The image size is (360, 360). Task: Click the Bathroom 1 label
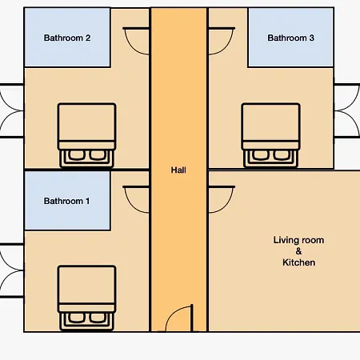66,201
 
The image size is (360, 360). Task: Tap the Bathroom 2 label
67,38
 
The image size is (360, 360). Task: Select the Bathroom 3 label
290,38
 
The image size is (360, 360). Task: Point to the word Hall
178,170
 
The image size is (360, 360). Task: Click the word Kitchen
298,262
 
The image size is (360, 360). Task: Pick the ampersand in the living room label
298,251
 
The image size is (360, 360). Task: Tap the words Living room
298,240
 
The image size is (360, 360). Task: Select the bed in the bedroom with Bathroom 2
86,135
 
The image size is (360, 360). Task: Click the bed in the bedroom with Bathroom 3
270,135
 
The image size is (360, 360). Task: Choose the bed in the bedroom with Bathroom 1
86,298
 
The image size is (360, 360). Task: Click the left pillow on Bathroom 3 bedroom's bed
261,155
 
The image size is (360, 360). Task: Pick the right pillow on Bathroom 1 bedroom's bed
98,318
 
